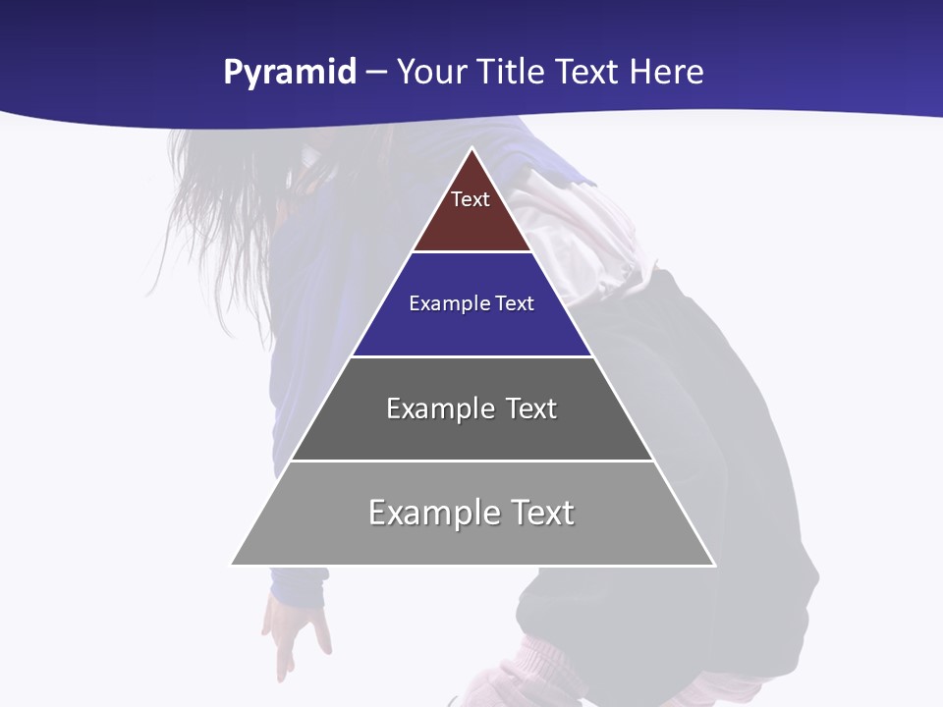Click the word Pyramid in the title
click(x=289, y=73)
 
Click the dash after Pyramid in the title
click(x=376, y=73)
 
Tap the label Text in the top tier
click(x=471, y=199)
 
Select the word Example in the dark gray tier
click(x=439, y=408)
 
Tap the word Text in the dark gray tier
click(x=531, y=408)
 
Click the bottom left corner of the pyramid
click(x=232, y=565)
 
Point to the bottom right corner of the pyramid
click(x=714, y=565)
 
